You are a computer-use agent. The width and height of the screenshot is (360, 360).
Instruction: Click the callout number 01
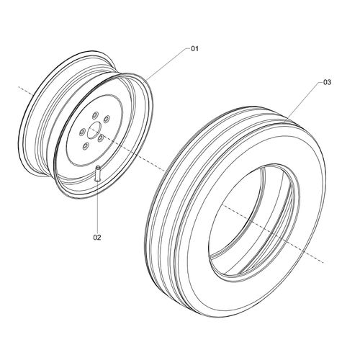click(x=194, y=49)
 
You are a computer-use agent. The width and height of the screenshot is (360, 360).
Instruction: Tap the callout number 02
click(x=97, y=238)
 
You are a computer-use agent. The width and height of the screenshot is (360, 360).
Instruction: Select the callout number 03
click(x=327, y=82)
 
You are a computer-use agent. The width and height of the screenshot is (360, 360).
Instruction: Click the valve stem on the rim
click(x=97, y=173)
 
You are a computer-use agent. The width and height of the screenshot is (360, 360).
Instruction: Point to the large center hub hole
click(x=94, y=130)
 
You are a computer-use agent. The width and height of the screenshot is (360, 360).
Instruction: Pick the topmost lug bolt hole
click(x=94, y=114)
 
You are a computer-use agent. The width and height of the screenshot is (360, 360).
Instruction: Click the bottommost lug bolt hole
click(x=86, y=146)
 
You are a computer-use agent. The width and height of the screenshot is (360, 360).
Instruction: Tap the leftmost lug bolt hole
click(x=82, y=132)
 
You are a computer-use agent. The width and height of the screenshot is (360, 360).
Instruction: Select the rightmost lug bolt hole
click(x=107, y=119)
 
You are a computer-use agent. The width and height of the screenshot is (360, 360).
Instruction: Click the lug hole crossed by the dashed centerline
click(x=101, y=138)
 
